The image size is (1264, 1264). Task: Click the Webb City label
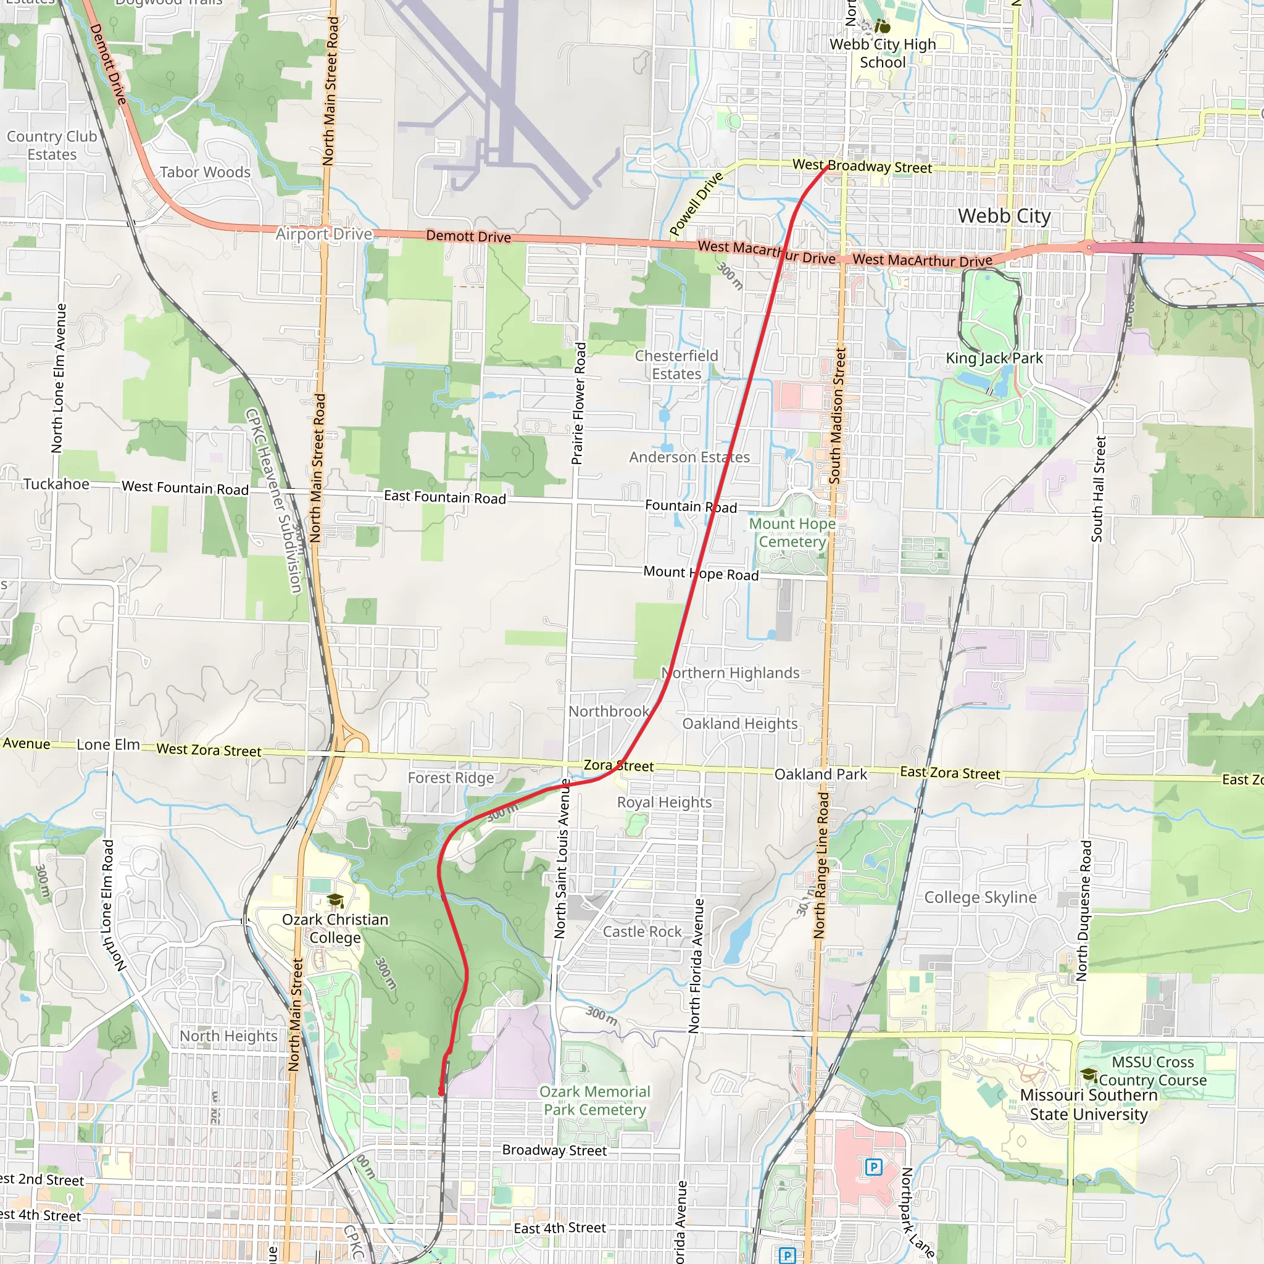click(x=1004, y=216)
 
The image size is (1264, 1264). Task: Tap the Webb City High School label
click(x=883, y=54)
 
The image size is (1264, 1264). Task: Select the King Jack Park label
click(x=994, y=358)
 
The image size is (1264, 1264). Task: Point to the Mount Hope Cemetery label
click(x=792, y=533)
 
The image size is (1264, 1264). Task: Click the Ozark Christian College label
click(x=335, y=928)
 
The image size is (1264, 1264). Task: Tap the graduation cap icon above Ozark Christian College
click(x=335, y=900)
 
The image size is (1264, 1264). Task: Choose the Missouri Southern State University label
click(x=1088, y=1104)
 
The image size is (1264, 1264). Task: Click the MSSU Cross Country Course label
click(x=1152, y=1071)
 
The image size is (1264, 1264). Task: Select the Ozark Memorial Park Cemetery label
click(x=595, y=1100)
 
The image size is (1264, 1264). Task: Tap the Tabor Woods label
click(x=205, y=172)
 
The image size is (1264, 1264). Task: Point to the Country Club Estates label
click(x=52, y=145)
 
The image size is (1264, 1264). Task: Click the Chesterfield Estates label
click(x=676, y=364)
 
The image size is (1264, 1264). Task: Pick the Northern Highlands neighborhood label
click(x=730, y=673)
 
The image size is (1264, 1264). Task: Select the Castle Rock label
click(x=642, y=931)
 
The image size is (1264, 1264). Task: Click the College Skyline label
click(x=980, y=897)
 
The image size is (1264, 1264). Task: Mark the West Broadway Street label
click(x=862, y=166)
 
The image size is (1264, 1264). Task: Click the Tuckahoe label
click(x=56, y=484)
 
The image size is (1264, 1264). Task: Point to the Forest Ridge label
click(x=451, y=777)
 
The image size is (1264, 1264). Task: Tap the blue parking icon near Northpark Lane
click(x=873, y=1166)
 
